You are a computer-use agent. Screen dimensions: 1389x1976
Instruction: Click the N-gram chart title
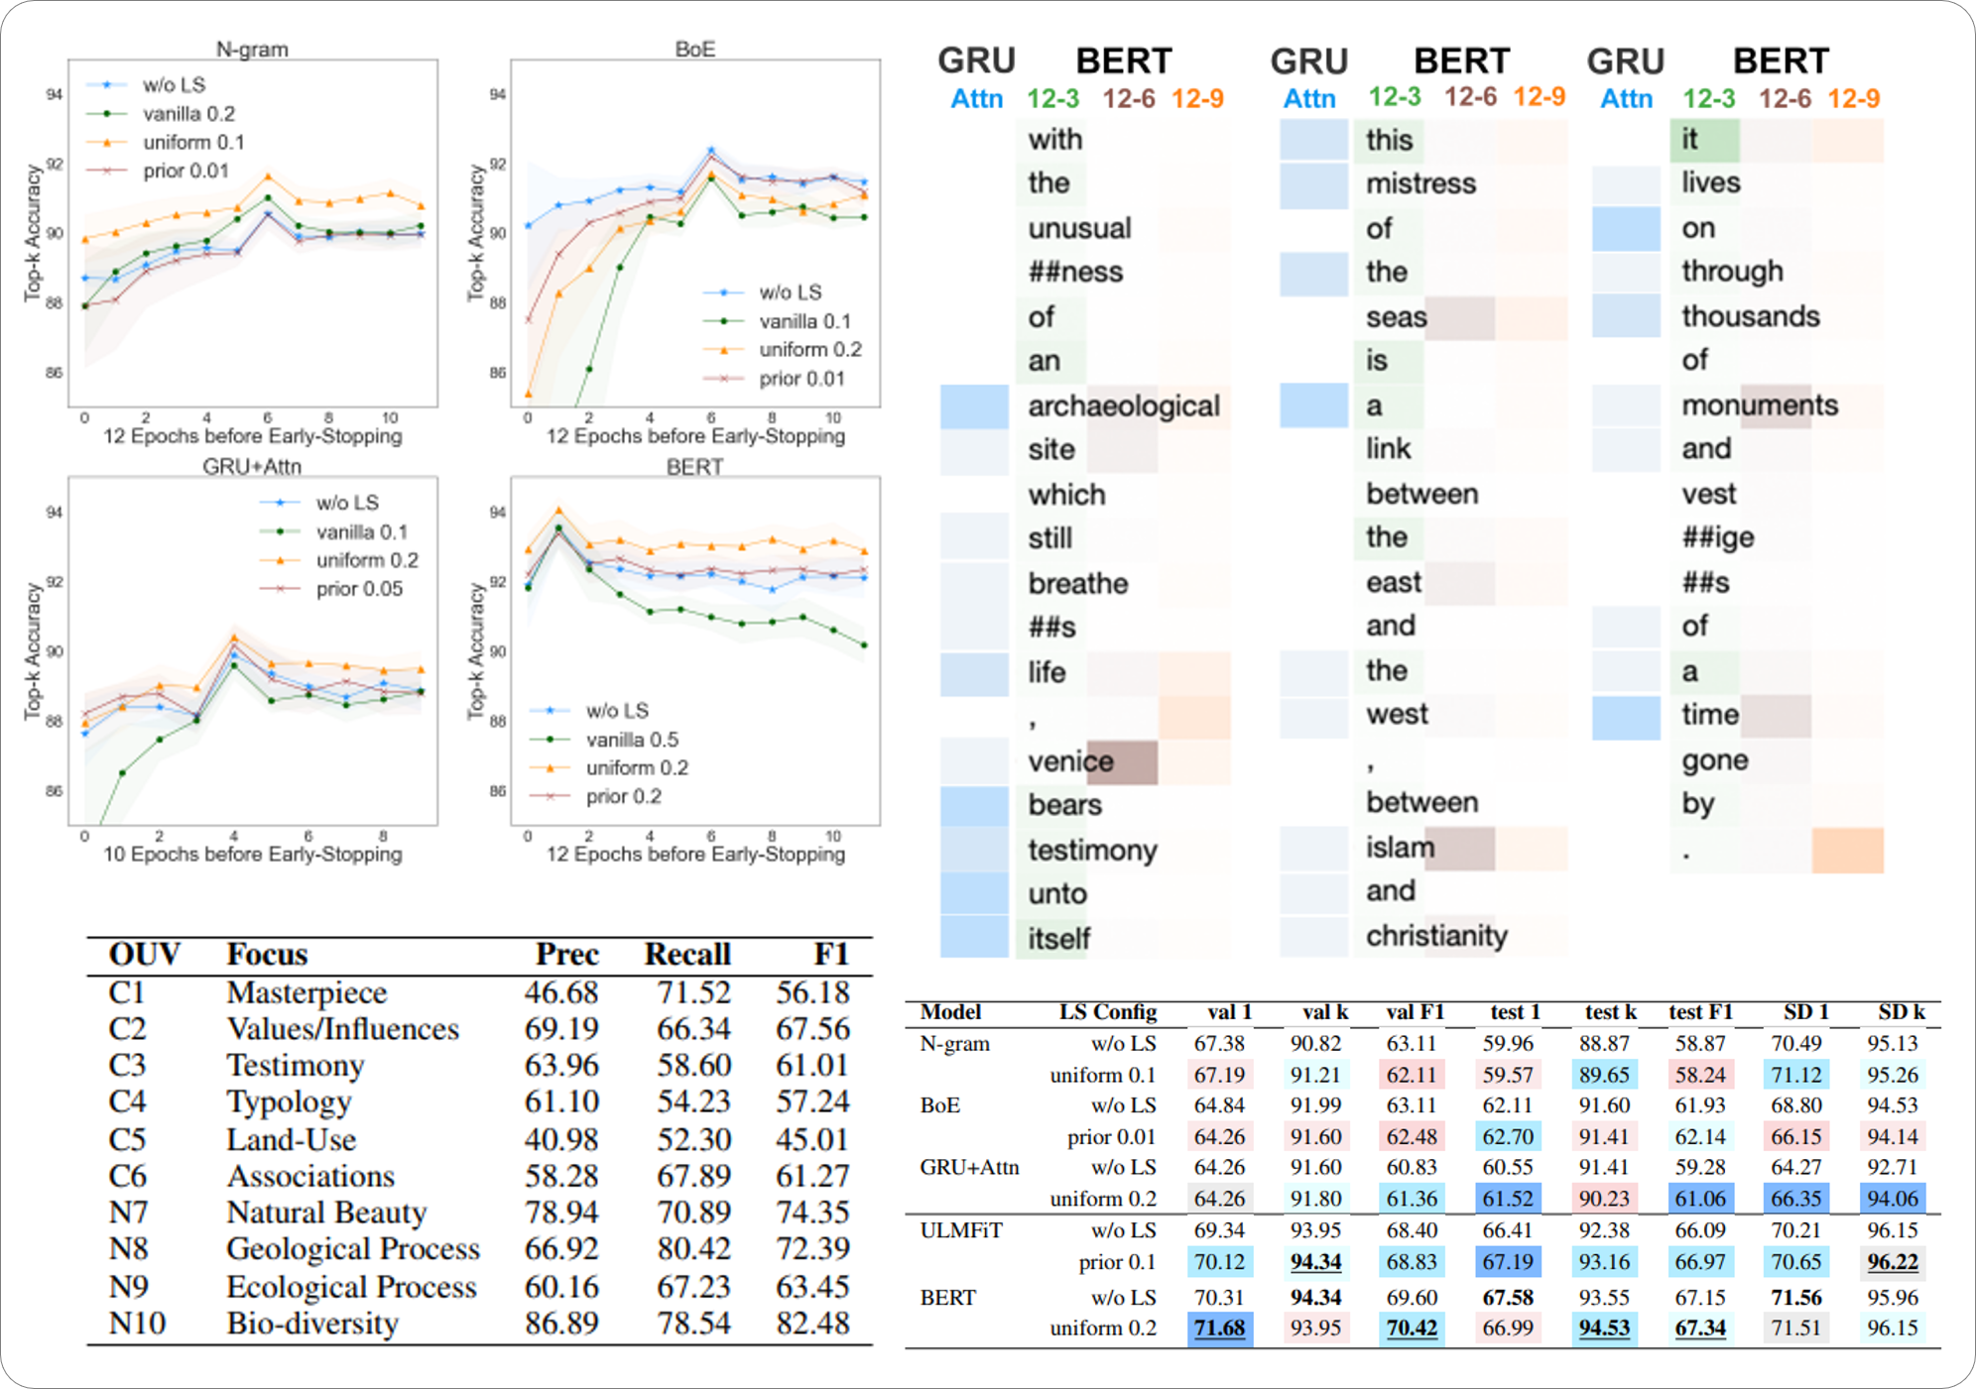click(x=252, y=49)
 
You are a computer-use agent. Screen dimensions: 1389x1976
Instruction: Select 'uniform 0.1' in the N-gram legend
click(x=192, y=143)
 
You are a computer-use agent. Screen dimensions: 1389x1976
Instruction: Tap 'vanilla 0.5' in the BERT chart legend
click(x=632, y=740)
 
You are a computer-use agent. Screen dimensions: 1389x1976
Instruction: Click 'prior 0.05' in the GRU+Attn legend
click(x=359, y=589)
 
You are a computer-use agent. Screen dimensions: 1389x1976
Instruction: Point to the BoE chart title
click(x=694, y=49)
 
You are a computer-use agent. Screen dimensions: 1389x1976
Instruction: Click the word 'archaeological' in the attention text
click(x=1123, y=406)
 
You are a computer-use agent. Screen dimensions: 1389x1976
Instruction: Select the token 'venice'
click(x=1070, y=761)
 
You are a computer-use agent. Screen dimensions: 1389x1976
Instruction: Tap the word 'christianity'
click(x=1436, y=936)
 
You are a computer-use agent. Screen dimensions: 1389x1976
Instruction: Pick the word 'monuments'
click(x=1760, y=405)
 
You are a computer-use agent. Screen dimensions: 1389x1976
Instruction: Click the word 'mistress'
click(x=1420, y=183)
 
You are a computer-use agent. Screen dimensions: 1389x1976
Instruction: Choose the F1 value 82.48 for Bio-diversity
click(x=812, y=1324)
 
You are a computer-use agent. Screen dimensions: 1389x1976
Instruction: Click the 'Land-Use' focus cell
click(x=291, y=1139)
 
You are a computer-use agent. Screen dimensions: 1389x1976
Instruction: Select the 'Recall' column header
click(x=687, y=954)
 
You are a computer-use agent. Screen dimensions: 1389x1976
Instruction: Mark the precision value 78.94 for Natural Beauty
click(x=561, y=1213)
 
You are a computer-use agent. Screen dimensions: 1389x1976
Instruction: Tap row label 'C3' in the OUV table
click(x=127, y=1066)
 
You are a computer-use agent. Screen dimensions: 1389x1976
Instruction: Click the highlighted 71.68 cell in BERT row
click(x=1219, y=1329)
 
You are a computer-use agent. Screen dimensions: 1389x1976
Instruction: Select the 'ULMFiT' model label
click(x=960, y=1231)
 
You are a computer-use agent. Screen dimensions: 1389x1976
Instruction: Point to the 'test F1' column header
click(x=1700, y=1012)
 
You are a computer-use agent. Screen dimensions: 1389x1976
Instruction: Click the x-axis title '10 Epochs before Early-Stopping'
click(x=252, y=855)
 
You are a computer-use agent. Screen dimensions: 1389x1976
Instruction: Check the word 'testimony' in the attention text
click(x=1092, y=851)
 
